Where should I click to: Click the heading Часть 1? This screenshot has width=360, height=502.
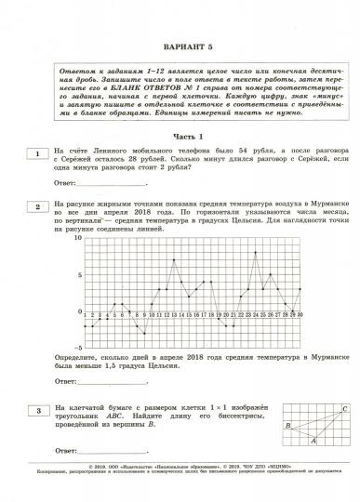180,136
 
